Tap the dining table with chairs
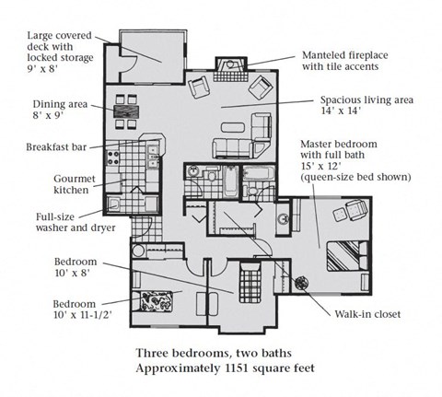coord(126,116)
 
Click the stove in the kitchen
coord(114,157)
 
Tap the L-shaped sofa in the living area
coord(234,147)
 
